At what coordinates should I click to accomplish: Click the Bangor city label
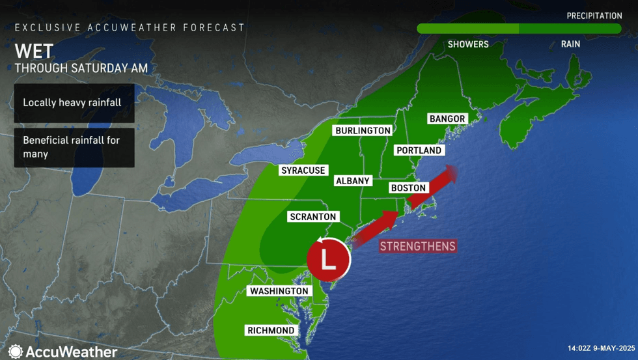point(447,118)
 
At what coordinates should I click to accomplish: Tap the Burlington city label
point(363,130)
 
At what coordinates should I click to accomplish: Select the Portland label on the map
point(419,150)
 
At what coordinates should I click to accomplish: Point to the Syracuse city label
point(303,170)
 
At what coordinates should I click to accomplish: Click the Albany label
point(352,180)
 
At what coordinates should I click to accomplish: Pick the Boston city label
point(408,187)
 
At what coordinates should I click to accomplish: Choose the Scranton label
point(313,216)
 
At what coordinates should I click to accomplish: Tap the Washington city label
point(279,290)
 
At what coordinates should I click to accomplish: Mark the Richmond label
point(271,330)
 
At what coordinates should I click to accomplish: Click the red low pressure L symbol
point(329,259)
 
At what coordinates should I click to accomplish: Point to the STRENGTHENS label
point(417,247)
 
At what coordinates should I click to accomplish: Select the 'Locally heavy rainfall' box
point(74,103)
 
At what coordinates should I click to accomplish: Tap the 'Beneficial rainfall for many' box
point(74,147)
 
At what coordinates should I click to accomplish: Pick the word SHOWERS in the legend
point(467,44)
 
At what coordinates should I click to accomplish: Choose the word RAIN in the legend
point(570,44)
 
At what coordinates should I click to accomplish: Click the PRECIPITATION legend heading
point(594,16)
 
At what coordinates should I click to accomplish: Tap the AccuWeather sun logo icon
point(16,352)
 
